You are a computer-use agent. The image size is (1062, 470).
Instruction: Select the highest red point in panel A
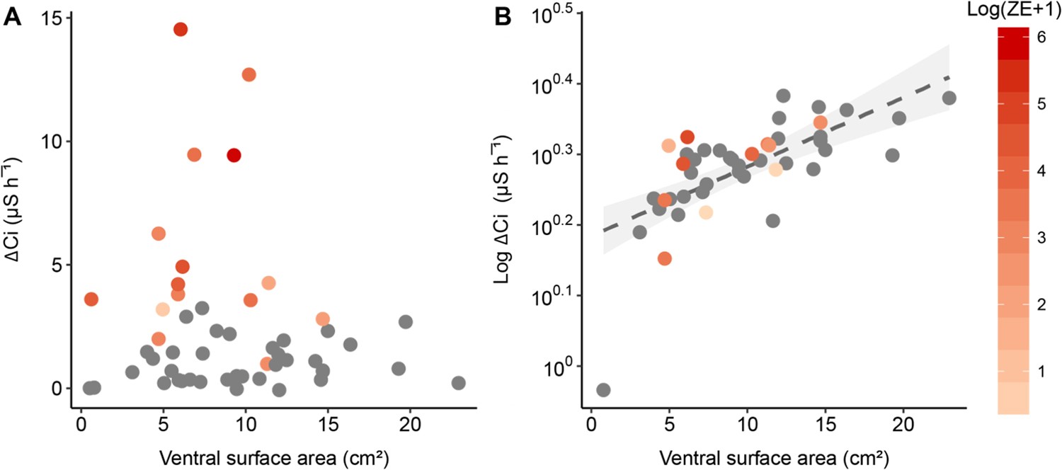point(181,29)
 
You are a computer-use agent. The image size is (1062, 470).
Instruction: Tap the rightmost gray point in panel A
point(458,383)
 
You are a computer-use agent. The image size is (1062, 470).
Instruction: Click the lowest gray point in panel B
point(603,390)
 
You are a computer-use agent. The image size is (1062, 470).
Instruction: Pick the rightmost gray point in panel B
point(949,98)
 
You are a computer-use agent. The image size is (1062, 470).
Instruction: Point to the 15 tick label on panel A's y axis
point(52,18)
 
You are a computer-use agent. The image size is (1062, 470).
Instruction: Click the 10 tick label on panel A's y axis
point(52,142)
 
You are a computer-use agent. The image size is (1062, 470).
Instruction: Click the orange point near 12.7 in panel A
point(249,74)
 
